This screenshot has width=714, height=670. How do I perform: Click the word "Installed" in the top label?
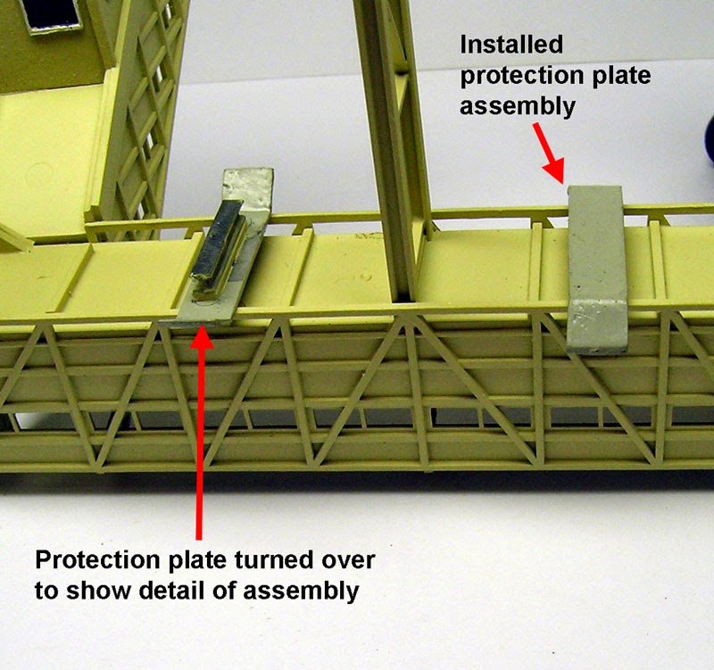pyautogui.click(x=511, y=45)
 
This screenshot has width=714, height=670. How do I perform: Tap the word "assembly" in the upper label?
pyautogui.click(x=518, y=107)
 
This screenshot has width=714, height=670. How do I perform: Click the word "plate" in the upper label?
pyautogui.click(x=621, y=77)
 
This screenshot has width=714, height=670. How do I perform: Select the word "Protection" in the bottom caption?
pyautogui.click(x=102, y=560)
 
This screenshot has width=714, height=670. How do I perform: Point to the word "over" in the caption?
pyautogui.click(x=348, y=561)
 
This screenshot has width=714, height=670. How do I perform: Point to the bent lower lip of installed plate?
pyautogui.click(x=598, y=327)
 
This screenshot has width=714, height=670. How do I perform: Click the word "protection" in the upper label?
pyautogui.click(x=523, y=77)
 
